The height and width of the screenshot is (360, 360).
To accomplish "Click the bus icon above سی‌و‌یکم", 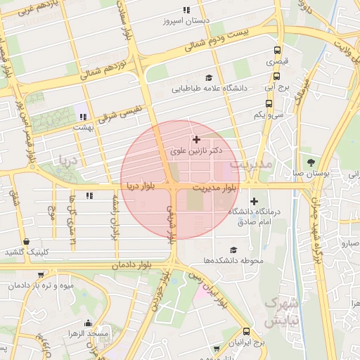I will tap(269, 103).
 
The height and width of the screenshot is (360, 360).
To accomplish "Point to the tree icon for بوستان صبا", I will tap(311, 162).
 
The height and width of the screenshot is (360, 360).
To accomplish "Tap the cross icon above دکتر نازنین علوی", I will tap(196, 140).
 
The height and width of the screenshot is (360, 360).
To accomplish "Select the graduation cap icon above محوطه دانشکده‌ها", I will tap(233, 250).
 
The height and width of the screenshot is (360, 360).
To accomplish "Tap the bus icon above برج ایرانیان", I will tap(245, 331).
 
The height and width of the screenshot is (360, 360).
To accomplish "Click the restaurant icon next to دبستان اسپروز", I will tap(186, 10).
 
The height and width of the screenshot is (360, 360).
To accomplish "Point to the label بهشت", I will tap(83, 129).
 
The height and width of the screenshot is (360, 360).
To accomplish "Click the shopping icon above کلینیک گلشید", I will tap(26, 241).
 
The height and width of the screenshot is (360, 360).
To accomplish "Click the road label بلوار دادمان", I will tap(131, 265).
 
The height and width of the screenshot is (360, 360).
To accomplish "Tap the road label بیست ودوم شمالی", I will tap(226, 41).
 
